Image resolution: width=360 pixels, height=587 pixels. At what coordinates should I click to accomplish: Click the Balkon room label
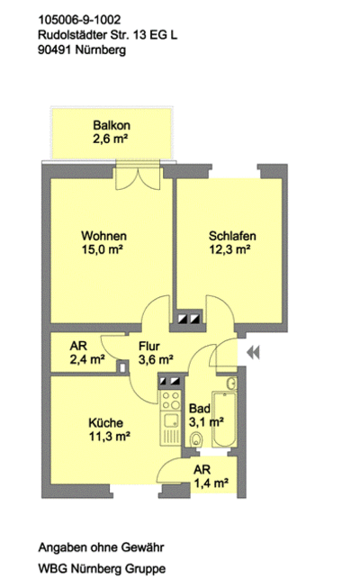click(112, 125)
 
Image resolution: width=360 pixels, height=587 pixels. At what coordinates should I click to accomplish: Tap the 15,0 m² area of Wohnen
click(103, 249)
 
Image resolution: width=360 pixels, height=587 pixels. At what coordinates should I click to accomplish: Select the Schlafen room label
click(232, 236)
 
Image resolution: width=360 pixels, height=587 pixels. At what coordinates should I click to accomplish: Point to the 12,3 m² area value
click(229, 249)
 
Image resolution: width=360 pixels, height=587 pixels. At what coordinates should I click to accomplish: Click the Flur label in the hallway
click(148, 346)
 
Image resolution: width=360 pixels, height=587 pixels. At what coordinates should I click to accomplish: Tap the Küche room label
click(105, 423)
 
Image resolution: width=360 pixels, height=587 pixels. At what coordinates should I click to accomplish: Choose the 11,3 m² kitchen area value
click(109, 437)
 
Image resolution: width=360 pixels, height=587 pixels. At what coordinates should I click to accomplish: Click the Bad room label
click(200, 409)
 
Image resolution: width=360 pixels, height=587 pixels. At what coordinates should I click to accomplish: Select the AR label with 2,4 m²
click(78, 346)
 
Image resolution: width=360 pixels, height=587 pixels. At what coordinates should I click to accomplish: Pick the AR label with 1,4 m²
click(202, 469)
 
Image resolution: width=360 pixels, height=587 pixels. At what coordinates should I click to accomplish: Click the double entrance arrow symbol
click(253, 352)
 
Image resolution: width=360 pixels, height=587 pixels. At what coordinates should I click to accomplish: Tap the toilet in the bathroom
click(196, 439)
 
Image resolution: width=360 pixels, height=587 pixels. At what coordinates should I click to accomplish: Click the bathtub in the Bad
click(224, 420)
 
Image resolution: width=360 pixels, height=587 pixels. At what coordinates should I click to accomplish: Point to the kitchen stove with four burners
click(171, 401)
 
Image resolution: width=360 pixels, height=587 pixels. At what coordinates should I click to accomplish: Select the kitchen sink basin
click(171, 420)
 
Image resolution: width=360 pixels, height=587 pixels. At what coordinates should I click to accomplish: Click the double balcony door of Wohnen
click(138, 176)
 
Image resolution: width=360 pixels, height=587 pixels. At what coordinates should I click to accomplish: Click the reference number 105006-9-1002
click(79, 20)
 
